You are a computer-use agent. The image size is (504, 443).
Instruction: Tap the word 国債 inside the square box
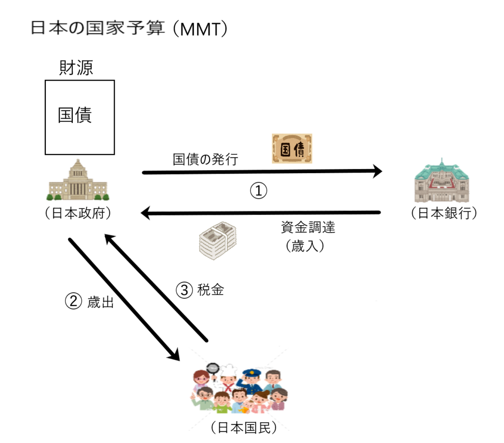75,115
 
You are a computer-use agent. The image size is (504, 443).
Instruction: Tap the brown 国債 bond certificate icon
292,148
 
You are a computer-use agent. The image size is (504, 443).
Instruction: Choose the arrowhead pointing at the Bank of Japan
377,171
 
